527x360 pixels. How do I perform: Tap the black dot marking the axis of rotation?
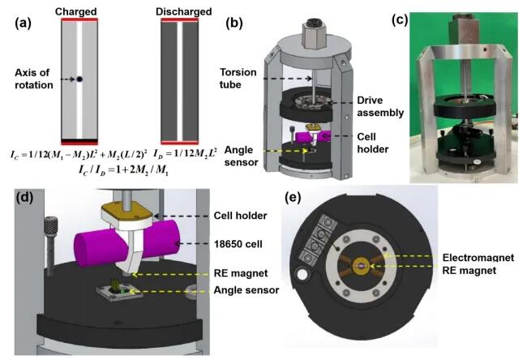point(79,79)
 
